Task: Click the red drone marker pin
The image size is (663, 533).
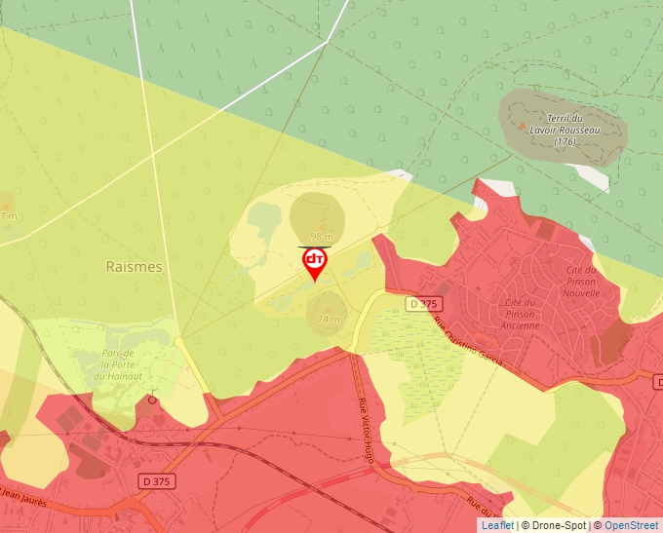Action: (315, 263)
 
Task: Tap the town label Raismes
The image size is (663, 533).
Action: (134, 266)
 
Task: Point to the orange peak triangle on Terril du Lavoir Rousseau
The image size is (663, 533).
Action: (523, 127)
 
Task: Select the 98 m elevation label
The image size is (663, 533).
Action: (322, 237)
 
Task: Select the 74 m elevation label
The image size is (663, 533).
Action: (329, 319)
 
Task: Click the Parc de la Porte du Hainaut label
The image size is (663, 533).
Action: (130, 365)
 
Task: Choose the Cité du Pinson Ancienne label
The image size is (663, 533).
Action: (521, 314)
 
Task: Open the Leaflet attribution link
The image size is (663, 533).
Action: (496, 525)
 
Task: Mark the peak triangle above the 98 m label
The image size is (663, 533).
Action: (322, 225)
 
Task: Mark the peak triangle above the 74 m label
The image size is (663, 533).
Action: (328, 306)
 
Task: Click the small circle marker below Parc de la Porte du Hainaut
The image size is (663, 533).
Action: (152, 400)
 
